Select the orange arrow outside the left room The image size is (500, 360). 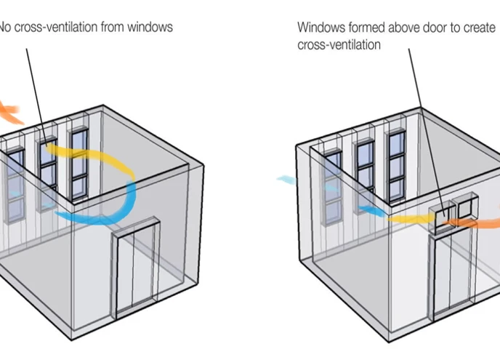pos(10,113)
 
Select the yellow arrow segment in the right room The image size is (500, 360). pos(410,216)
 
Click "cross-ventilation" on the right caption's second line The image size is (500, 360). pos(339,44)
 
